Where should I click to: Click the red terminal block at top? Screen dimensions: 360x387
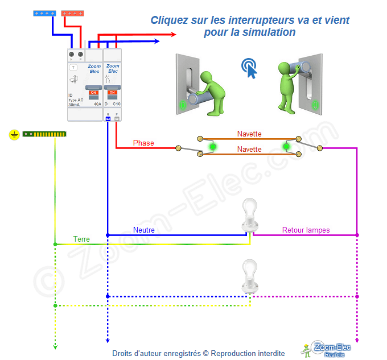pyautogui.click(x=74, y=13)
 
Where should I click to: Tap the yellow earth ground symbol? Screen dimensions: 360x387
pyautogui.click(x=14, y=134)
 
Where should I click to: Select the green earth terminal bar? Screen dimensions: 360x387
pyautogui.click(x=44, y=134)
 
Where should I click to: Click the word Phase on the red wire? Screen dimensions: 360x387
pyautogui.click(x=143, y=143)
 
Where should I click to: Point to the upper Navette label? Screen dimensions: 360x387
pyautogui.click(x=249, y=134)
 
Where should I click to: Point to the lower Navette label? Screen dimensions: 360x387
pyautogui.click(x=249, y=149)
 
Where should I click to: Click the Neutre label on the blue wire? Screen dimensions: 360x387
pyautogui.click(x=144, y=230)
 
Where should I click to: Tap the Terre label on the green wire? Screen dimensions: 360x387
pyautogui.click(x=81, y=239)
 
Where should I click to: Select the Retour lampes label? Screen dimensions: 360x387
pyautogui.click(x=306, y=230)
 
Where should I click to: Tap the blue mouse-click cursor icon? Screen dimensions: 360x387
pyautogui.click(x=249, y=68)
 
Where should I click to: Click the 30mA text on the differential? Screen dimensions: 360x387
pyautogui.click(x=74, y=105)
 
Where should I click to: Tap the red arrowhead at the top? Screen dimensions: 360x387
pyautogui.click(x=173, y=35)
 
